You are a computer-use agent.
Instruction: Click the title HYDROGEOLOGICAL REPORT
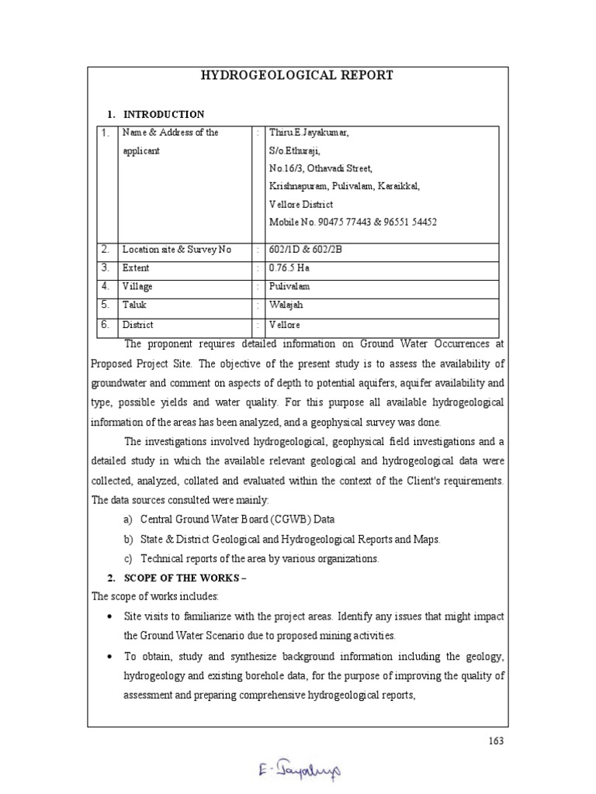click(x=297, y=75)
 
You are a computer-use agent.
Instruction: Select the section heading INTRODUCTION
click(x=164, y=114)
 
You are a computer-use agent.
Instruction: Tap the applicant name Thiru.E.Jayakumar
click(x=308, y=133)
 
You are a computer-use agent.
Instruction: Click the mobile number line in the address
click(x=352, y=222)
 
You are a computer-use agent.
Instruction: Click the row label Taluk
click(x=134, y=306)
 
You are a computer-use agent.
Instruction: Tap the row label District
click(x=138, y=325)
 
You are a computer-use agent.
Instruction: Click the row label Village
click(x=137, y=287)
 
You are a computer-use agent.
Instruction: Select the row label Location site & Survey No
click(x=177, y=250)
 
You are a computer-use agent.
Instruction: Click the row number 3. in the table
click(x=105, y=268)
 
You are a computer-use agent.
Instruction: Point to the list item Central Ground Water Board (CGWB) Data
click(x=237, y=519)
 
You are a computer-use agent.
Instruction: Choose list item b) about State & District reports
click(x=289, y=539)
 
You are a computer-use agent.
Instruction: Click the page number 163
click(x=497, y=740)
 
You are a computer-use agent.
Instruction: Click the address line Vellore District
click(x=301, y=205)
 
